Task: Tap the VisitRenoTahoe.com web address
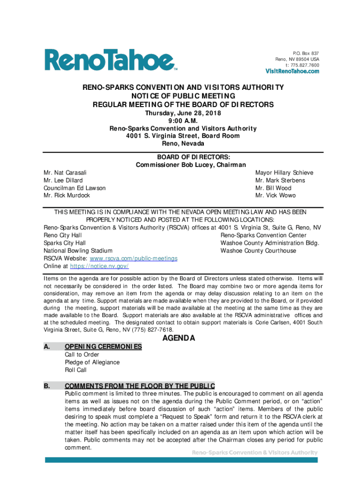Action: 293,72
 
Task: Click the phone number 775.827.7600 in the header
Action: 304,65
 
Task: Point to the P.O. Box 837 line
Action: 306,53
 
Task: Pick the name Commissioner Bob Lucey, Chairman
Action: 183,165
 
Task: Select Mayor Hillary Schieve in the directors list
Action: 284,173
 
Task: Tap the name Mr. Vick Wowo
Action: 275,196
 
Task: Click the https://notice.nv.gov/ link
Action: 99,266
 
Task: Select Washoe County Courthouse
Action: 258,251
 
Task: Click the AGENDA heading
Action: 178,338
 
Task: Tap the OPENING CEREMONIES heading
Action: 103,347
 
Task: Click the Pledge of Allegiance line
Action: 92,362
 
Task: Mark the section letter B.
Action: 47,386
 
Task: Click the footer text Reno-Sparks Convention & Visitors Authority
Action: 255,453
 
